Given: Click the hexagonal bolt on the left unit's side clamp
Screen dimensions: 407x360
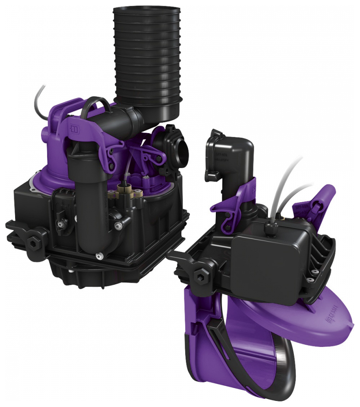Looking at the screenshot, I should coord(33,242).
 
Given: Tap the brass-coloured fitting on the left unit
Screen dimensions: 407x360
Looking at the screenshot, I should coord(125,191).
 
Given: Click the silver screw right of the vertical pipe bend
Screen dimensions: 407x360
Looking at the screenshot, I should coord(117,224).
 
